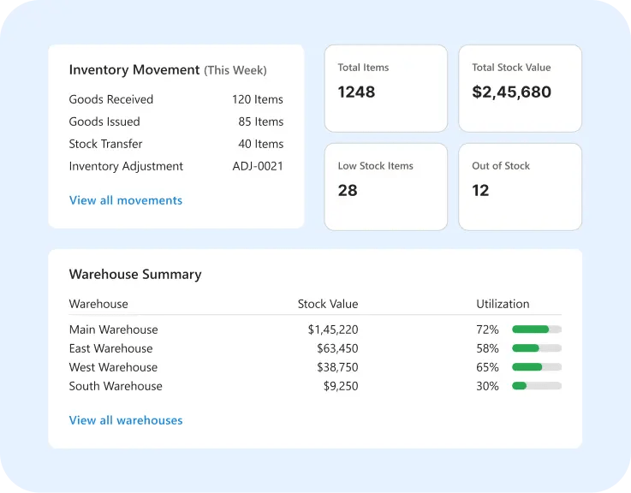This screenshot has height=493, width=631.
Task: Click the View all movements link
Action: click(126, 200)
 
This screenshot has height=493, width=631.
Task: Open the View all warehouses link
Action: click(126, 420)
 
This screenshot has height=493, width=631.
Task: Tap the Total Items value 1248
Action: click(356, 92)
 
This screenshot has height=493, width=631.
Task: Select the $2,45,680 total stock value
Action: click(511, 92)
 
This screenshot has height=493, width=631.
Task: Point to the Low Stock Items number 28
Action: click(348, 190)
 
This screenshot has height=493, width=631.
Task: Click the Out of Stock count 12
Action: click(480, 190)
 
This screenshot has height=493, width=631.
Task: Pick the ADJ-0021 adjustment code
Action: click(258, 166)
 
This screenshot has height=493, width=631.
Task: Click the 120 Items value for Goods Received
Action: click(258, 99)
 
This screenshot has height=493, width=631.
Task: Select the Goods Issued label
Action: click(104, 122)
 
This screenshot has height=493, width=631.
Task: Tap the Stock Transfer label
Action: click(105, 144)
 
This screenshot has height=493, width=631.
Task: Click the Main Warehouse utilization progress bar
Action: click(537, 330)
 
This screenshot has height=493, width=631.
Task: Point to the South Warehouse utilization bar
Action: click(537, 386)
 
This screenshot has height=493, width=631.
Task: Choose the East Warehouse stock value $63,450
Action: click(337, 348)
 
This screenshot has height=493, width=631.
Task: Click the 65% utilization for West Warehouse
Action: click(487, 367)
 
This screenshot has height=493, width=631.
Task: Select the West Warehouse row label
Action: click(113, 367)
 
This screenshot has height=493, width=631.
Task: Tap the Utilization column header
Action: click(503, 304)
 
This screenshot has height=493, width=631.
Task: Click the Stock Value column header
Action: click(328, 304)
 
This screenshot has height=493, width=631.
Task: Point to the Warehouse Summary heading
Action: click(135, 275)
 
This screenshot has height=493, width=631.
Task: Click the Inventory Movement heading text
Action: click(134, 69)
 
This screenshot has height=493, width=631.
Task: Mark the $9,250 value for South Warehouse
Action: click(341, 386)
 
